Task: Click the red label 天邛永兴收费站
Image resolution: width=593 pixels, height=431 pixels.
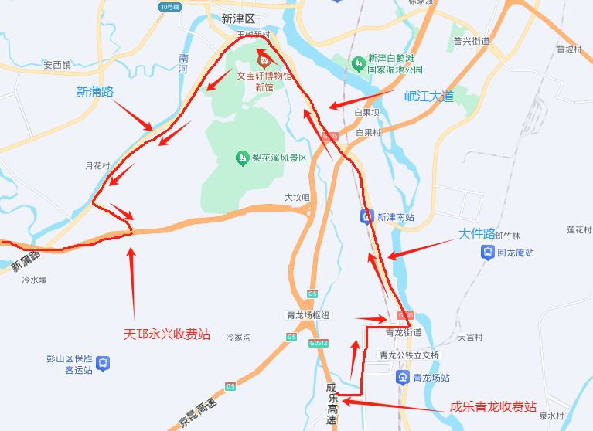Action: [x=167, y=334]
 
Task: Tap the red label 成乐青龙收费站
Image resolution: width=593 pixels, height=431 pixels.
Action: [x=493, y=406]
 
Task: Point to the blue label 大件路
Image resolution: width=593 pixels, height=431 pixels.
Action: [x=476, y=234]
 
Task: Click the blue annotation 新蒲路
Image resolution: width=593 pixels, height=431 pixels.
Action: [x=95, y=92]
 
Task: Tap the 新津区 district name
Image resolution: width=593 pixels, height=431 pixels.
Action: [x=237, y=19]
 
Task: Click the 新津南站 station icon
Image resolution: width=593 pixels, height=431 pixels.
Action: [x=367, y=217]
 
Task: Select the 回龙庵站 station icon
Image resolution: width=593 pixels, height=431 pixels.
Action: [x=488, y=253]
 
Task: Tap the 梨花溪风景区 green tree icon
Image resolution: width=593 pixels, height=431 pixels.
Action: [x=242, y=158]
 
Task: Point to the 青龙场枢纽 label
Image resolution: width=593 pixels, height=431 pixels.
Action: [x=308, y=315]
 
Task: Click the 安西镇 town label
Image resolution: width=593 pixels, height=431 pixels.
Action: [x=57, y=65]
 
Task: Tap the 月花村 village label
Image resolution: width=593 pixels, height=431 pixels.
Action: [x=97, y=165]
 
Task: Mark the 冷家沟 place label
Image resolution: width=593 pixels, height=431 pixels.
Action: [x=239, y=338]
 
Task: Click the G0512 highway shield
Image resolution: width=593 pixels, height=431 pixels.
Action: [x=318, y=343]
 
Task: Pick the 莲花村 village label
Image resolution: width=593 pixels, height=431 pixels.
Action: [x=579, y=229]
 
